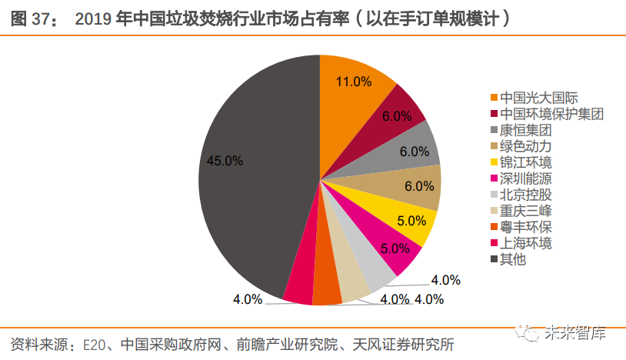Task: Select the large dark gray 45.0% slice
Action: (x=246, y=177)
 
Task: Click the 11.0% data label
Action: (x=355, y=82)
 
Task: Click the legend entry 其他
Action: (x=512, y=259)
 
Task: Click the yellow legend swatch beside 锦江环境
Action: (x=494, y=162)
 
